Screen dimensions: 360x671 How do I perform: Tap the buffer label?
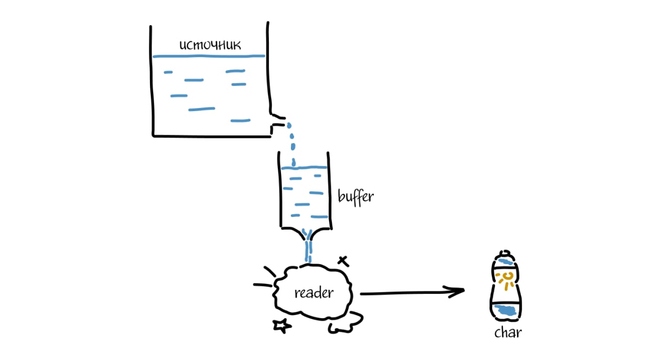coord(355,197)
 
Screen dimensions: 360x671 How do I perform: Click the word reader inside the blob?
coord(313,292)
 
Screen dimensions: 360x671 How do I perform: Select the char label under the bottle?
coord(508,333)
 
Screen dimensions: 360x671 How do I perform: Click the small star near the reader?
coord(282,325)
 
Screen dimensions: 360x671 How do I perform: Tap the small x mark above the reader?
coord(342,260)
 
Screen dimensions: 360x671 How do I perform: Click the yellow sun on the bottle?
coord(506,280)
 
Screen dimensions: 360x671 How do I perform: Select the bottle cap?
coord(505,258)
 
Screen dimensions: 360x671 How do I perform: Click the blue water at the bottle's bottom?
coord(506,310)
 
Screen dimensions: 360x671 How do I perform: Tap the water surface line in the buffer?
coord(304,168)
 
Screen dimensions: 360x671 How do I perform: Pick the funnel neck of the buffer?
coord(308,238)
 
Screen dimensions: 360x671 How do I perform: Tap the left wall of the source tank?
coord(153,79)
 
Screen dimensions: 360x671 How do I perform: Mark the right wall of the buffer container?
coord(329,189)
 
